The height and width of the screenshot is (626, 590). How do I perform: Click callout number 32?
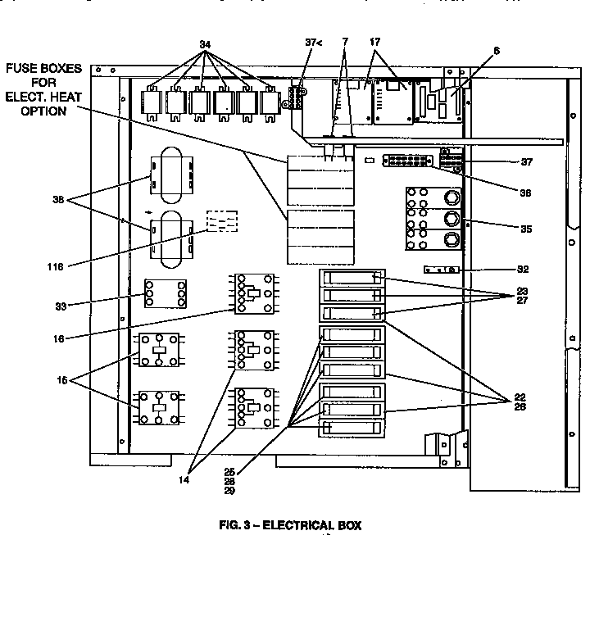pyautogui.click(x=522, y=268)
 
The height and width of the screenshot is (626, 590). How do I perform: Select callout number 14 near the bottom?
pyautogui.click(x=184, y=480)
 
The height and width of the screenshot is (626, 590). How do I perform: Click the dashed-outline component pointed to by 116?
pyautogui.click(x=221, y=223)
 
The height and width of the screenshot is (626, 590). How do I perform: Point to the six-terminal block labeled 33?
pyautogui.click(x=165, y=293)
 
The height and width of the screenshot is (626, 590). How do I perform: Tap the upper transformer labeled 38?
pyautogui.click(x=172, y=173)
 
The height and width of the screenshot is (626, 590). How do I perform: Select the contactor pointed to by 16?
pyautogui.click(x=253, y=293)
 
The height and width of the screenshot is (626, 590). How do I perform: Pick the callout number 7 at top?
pyautogui.click(x=345, y=42)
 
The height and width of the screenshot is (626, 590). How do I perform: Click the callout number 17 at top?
pyautogui.click(x=374, y=42)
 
